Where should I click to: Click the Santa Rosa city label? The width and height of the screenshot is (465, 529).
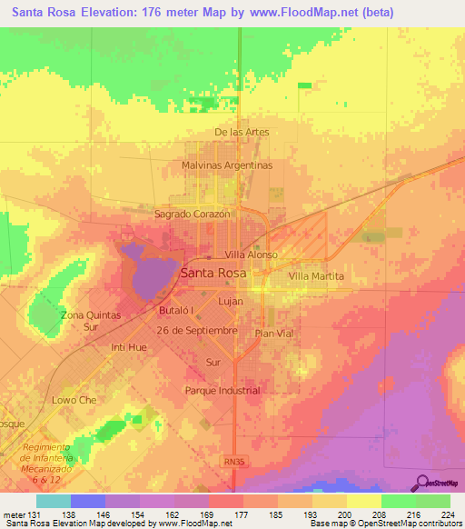point(213,273)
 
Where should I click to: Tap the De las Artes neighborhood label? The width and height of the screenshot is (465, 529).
point(242,132)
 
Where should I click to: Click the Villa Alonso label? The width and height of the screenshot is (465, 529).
point(251,255)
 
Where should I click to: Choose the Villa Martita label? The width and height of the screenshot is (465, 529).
point(318,275)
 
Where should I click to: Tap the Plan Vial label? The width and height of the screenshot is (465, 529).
point(274,334)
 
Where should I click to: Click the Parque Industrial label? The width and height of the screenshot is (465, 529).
point(223,391)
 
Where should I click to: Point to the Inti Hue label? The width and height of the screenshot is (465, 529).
point(128,347)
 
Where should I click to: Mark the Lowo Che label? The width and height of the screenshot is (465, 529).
point(74,400)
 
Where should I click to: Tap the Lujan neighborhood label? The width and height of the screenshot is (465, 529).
point(231,298)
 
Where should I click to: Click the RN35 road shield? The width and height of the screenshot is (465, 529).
point(234,462)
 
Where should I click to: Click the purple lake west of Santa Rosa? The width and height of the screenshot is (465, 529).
point(147,273)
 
